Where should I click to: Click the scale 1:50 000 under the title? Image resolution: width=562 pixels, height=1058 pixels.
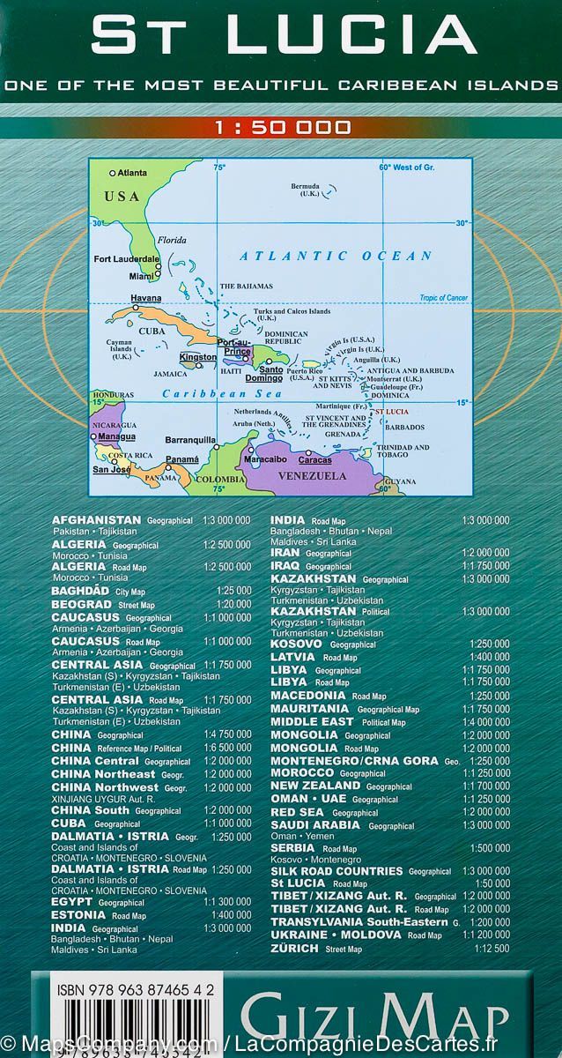pyautogui.click(x=282, y=128)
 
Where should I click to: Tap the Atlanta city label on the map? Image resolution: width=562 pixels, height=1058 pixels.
pyautogui.click(x=132, y=173)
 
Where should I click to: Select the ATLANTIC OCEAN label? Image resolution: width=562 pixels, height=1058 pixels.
pyautogui.click(x=336, y=257)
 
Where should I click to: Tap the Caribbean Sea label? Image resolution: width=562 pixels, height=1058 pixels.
pyautogui.click(x=227, y=394)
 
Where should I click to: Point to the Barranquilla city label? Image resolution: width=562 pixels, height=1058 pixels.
pyautogui.click(x=190, y=439)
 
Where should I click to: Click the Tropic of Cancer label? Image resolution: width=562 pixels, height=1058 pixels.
pyautogui.click(x=443, y=298)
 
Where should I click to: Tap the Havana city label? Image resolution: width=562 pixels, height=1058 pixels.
pyautogui.click(x=146, y=298)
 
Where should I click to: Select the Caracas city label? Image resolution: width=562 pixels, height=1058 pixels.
pyautogui.click(x=315, y=460)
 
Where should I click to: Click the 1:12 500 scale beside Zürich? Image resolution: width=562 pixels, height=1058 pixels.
pyautogui.click(x=491, y=949)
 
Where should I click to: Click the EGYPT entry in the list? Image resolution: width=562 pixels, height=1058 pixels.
pyautogui.click(x=73, y=902)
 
